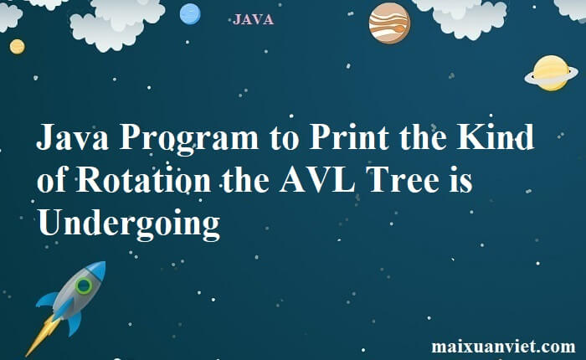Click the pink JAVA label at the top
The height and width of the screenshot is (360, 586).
[x=253, y=20]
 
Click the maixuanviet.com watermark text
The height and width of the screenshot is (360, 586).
[x=503, y=346]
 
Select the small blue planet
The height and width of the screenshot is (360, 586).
[x=190, y=13]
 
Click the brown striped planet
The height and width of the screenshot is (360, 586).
[x=389, y=23]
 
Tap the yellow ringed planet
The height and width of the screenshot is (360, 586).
[x=550, y=73]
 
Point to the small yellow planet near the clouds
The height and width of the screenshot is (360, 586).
[x=17, y=46]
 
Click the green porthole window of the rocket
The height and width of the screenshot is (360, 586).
[x=83, y=286]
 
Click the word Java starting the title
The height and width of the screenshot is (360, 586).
[x=72, y=138]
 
